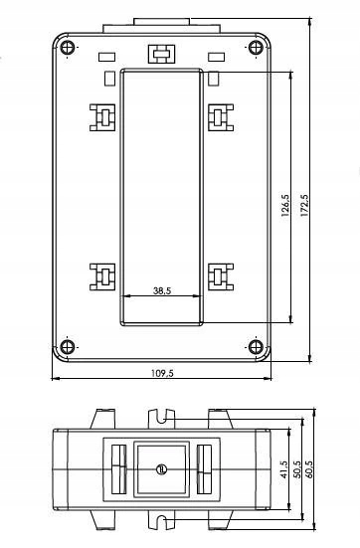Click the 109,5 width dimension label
[x=162, y=373]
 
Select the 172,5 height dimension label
[x=304, y=206]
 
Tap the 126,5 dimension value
[x=285, y=206]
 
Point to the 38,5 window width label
[x=162, y=290]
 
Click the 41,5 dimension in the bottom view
[x=283, y=469]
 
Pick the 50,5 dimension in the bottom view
[x=297, y=469]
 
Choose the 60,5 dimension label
[x=310, y=469]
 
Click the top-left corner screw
[x=67, y=47]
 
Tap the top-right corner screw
[x=256, y=47]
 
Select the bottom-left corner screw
[x=67, y=347]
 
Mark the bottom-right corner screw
[x=256, y=347]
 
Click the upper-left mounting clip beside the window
[x=102, y=117]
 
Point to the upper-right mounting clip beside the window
[x=221, y=117]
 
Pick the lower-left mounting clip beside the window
[x=102, y=277]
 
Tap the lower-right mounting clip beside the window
[x=221, y=277]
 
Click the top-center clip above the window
[x=161, y=54]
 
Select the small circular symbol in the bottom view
[x=162, y=469]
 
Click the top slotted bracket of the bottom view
[x=161, y=419]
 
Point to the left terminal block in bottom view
[x=118, y=469]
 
